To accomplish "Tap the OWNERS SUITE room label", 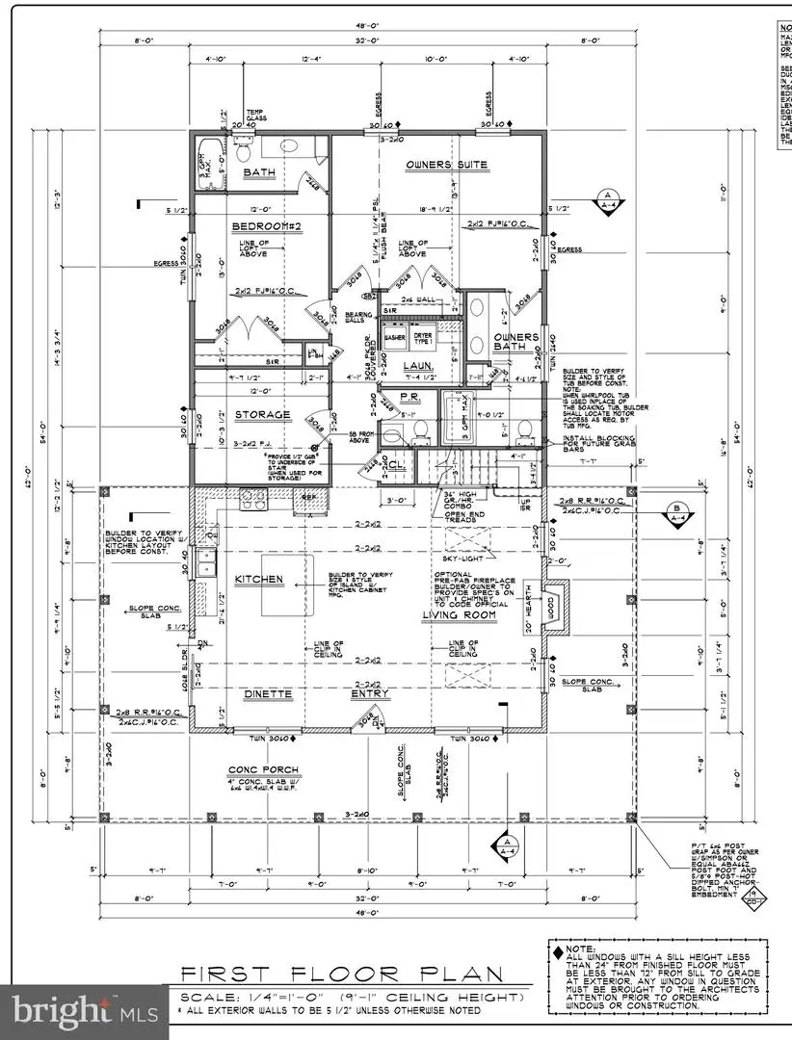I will pos(441,165).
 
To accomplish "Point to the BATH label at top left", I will pos(258,173).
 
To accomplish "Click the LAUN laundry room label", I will pos(417,366).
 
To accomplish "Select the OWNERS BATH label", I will pos(516,344).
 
